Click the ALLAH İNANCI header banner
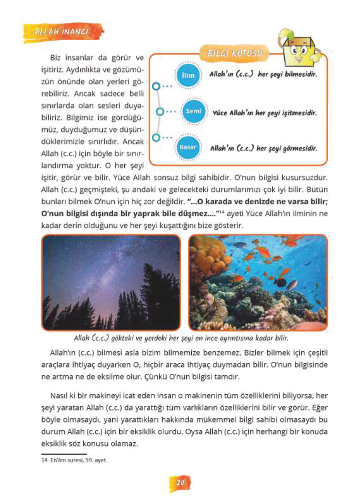(62, 32)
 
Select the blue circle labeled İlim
(188, 75)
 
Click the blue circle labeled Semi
(194, 111)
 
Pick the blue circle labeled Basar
(188, 147)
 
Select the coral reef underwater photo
(258, 282)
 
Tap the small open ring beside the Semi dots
(160, 111)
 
